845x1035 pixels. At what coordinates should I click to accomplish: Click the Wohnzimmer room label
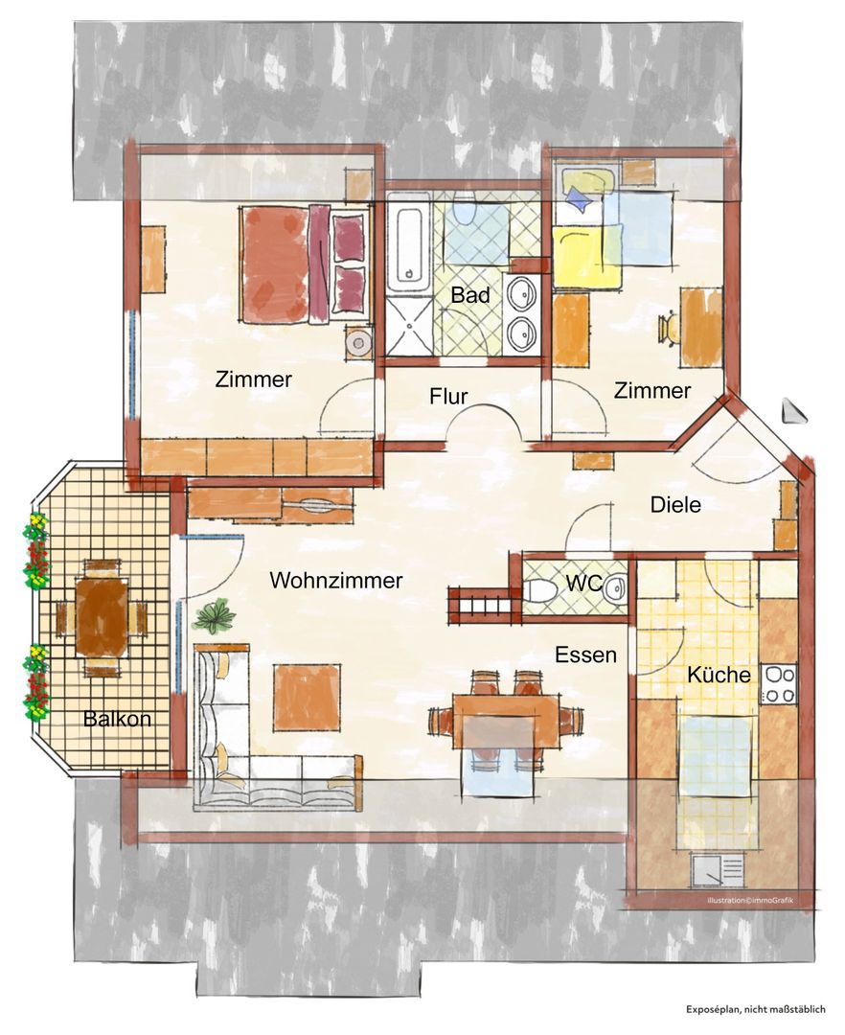click(335, 580)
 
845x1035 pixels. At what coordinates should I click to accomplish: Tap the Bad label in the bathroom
click(470, 295)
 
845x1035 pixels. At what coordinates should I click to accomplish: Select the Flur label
click(448, 396)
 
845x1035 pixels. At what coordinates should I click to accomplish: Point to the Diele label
click(675, 505)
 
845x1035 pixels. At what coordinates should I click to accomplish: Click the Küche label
click(719, 675)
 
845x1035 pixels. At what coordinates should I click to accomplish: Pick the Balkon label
click(118, 718)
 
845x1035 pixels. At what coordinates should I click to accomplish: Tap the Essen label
click(585, 655)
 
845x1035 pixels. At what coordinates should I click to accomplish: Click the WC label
click(583, 583)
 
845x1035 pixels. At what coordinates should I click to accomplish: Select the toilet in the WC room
click(541, 590)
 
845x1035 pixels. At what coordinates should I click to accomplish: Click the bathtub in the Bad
click(409, 245)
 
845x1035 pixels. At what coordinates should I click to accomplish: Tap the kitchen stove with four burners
click(779, 684)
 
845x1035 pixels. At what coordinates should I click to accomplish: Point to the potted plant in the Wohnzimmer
click(215, 617)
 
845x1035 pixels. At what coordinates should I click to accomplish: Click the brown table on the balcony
click(102, 615)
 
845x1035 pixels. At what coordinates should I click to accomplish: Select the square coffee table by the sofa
click(308, 697)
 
